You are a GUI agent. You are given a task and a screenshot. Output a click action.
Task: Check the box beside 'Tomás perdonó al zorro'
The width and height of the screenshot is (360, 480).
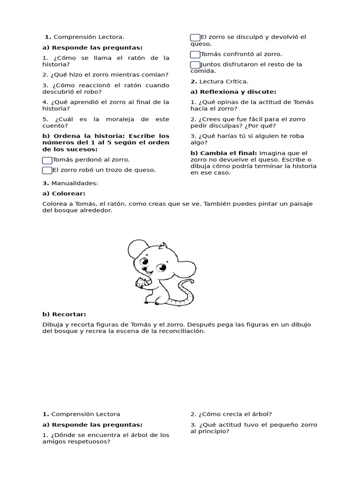point(47,160)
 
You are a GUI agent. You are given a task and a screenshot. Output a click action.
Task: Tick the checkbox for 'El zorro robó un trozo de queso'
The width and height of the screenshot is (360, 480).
point(47,170)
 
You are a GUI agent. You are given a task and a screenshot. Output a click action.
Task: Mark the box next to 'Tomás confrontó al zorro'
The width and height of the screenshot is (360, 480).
point(195,54)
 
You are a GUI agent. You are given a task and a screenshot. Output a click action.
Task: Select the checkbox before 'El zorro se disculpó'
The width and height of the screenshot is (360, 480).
point(195,37)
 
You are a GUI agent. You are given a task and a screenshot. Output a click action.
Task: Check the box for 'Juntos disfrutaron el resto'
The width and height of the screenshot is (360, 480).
point(195,65)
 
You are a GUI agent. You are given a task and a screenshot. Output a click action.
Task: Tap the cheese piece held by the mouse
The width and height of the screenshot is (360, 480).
point(140,283)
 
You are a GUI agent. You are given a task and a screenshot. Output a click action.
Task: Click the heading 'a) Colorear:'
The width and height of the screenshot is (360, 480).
point(64,193)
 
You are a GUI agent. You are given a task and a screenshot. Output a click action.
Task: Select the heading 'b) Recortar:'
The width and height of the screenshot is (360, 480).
point(64,314)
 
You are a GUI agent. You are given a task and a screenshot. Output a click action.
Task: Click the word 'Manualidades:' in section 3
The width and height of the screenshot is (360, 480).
point(75,183)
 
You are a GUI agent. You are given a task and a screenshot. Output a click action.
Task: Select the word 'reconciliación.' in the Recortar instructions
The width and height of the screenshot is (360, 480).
point(182,331)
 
